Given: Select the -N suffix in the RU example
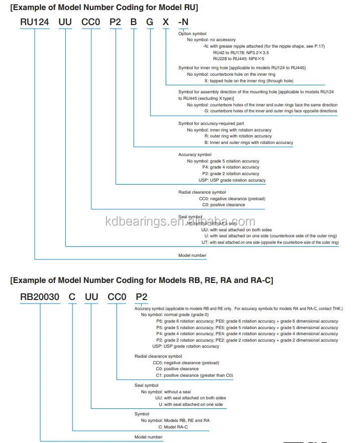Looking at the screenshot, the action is (184, 23).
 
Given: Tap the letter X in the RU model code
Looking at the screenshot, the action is (166, 23).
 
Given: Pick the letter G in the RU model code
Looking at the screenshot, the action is (150, 23).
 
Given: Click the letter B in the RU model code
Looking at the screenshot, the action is (134, 23).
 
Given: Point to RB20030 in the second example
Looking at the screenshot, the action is (40, 297).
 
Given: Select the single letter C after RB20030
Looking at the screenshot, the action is (72, 297).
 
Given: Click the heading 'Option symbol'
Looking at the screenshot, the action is (192, 33).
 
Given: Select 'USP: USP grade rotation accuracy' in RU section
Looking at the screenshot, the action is (232, 180).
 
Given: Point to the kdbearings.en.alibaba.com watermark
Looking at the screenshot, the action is (180, 222).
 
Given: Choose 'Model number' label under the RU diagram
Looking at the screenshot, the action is (192, 255).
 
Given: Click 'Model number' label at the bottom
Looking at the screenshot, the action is (148, 437).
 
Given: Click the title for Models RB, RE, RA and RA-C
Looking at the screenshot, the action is (142, 280).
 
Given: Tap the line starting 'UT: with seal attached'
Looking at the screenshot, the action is (270, 242).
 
